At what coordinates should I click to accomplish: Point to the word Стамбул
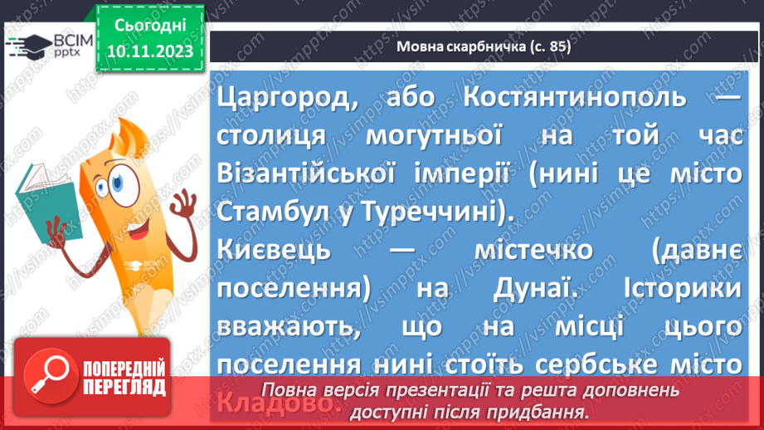(270, 212)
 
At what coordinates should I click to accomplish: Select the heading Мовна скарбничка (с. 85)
(484, 47)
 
